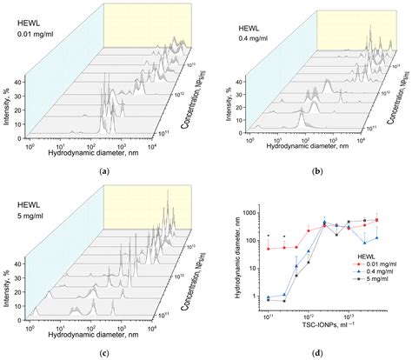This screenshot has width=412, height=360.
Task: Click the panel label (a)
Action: point(104,171)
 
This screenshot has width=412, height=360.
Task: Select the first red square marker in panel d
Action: point(269,249)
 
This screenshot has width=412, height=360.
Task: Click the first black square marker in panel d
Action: point(269,300)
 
